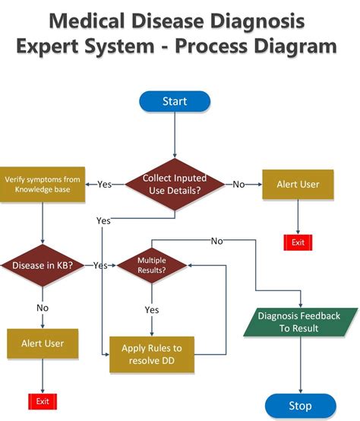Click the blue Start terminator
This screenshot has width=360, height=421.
point(175,101)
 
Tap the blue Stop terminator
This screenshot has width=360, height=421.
point(300,405)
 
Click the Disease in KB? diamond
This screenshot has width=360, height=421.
point(43,265)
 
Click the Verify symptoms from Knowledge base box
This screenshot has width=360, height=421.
point(42,184)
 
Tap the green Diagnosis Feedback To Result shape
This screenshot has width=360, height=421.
point(298,322)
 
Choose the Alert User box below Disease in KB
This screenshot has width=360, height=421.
point(43,343)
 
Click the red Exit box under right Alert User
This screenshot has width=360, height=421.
point(297,242)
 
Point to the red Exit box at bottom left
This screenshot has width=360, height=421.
point(43,400)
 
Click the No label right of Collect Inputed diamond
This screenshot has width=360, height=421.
point(238,184)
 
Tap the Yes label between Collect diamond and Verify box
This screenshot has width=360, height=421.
point(105,184)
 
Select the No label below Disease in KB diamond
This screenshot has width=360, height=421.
point(43,308)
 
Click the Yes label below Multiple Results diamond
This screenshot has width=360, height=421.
point(151,309)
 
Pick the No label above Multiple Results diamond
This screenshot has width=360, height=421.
point(216,241)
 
